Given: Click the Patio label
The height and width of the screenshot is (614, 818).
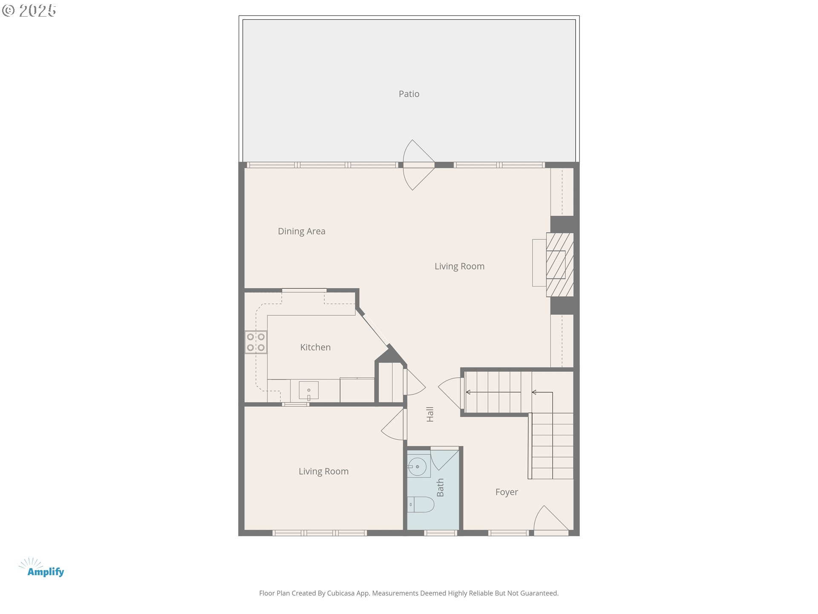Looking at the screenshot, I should coord(409,94).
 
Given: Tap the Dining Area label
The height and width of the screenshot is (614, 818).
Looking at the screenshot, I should coord(302,231).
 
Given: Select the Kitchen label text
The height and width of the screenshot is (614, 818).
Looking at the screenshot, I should coord(315,347).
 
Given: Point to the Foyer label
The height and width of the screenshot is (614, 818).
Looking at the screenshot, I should coord(507,492).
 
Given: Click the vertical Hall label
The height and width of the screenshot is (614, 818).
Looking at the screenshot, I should coord(430,414).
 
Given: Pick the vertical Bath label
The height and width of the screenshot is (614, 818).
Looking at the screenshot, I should coord(440,487).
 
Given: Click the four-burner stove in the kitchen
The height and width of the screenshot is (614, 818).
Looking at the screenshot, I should coord(256,342).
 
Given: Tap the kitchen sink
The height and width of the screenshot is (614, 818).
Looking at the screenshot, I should coord(308,391).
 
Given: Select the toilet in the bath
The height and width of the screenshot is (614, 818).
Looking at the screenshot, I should coord(421,504).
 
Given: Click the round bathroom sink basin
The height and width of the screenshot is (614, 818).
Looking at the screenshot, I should coord(418,466).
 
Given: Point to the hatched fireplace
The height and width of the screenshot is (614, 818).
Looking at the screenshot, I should coord(560,264).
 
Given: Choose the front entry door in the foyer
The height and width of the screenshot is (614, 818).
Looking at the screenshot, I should coord(551,521).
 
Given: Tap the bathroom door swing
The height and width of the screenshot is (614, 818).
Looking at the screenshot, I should coord(444,458).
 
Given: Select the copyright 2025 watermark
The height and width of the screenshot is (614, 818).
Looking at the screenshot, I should coord(29,11).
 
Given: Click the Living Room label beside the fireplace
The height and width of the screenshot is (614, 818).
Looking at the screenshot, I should coord(459,266).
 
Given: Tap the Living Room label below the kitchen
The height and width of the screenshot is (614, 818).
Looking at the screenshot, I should coord(323,471).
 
